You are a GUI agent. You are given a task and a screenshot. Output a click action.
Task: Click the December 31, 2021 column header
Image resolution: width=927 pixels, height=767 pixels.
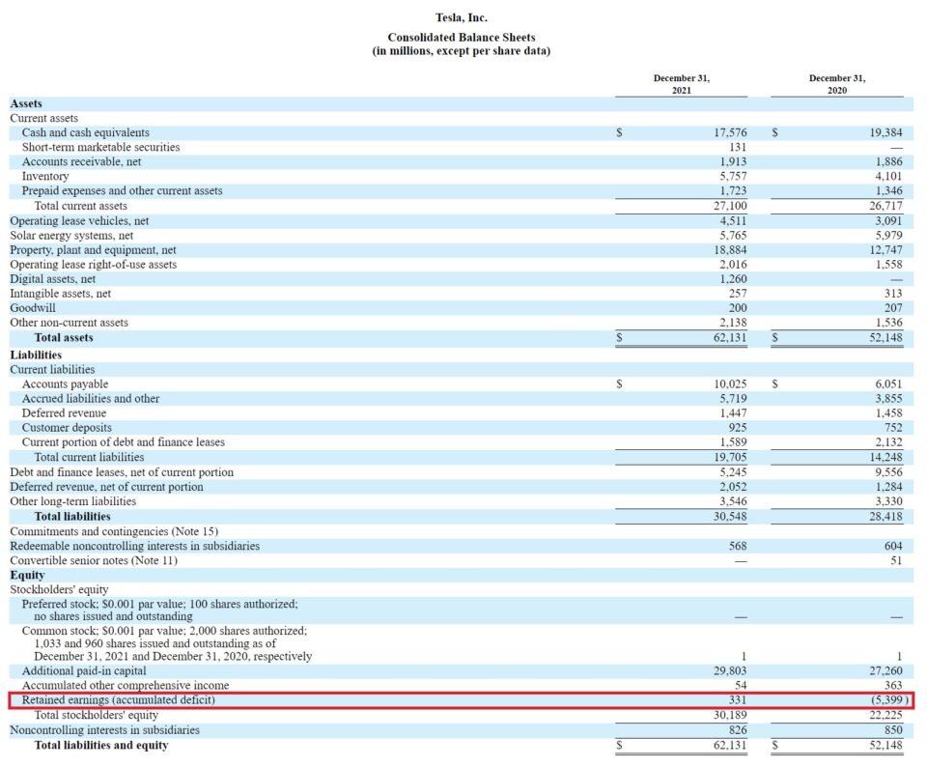pos(681,84)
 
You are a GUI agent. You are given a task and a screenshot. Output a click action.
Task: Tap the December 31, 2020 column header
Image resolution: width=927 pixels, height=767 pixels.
pos(836,84)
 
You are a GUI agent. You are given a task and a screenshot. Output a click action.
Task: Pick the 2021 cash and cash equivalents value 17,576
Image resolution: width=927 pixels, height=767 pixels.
pos(727,132)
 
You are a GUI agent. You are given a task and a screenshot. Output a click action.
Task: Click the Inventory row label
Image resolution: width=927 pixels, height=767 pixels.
pos(45,177)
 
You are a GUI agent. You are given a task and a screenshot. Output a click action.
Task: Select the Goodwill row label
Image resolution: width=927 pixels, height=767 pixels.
pos(32,308)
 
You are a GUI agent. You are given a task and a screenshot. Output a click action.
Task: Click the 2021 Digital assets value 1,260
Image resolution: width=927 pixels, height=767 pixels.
pos(731,279)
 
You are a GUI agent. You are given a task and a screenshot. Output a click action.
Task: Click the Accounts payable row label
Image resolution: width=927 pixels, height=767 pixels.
pos(65,384)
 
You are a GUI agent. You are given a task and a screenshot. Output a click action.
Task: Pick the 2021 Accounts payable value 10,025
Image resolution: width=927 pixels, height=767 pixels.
pos(727,384)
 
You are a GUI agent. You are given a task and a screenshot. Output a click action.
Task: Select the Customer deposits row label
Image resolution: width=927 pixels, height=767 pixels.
pos(67,428)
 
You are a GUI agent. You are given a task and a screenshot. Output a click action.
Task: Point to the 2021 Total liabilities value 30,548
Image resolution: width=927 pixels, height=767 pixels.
pos(727,517)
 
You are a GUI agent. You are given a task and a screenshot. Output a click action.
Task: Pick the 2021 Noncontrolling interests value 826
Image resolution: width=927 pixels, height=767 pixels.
pos(737,730)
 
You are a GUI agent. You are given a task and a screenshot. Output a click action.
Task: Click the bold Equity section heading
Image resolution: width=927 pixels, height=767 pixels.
pos(27,575)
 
